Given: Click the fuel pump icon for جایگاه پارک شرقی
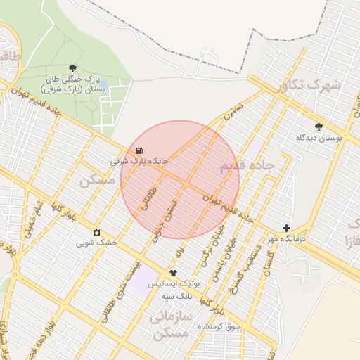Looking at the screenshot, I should tap(139, 150).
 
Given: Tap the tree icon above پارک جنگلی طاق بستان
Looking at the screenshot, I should tap(73, 68).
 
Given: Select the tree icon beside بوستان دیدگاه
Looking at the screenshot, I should tap(320, 127).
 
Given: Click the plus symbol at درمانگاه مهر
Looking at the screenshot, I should tap(286, 228).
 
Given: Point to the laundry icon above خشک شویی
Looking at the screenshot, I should tap(96, 232).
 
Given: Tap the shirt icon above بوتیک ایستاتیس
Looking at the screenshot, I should tap(174, 273).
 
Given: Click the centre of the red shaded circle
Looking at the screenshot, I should tap(180, 179).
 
